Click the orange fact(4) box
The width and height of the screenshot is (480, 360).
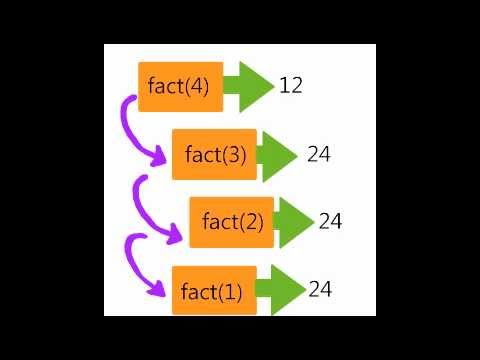click(x=181, y=87)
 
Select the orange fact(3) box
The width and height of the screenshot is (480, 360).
click(x=214, y=154)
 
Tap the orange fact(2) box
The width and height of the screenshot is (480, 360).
click(x=232, y=222)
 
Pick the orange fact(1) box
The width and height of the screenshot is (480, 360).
click(x=214, y=290)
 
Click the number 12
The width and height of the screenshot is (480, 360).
click(x=291, y=85)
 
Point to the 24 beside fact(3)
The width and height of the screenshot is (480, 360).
click(x=319, y=154)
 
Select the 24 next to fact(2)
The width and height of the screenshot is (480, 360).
click(x=330, y=221)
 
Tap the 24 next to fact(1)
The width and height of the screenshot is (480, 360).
click(x=320, y=289)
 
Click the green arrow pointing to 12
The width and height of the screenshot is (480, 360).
click(x=249, y=87)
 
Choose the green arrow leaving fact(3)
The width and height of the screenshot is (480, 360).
click(x=277, y=156)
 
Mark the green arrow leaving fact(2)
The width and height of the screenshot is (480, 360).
click(x=294, y=223)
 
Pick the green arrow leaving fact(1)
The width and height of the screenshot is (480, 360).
click(x=281, y=290)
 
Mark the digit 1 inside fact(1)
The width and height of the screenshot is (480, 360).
click(x=230, y=292)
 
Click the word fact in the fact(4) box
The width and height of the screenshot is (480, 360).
click(x=166, y=86)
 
